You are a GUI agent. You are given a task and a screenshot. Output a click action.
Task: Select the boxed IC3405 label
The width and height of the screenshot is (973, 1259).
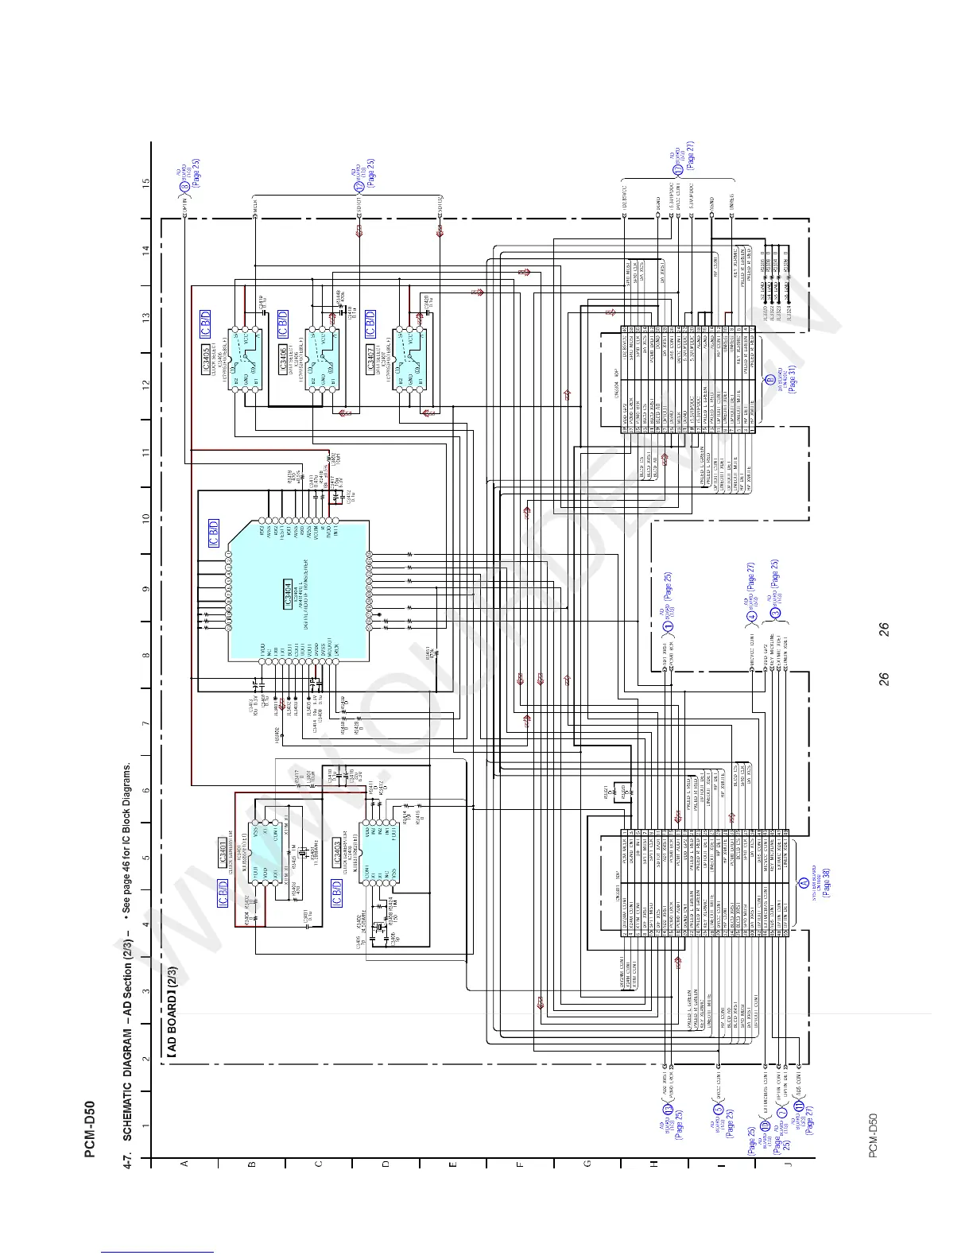pos(207,358)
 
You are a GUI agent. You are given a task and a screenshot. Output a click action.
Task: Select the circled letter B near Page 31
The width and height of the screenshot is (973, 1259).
pos(769,379)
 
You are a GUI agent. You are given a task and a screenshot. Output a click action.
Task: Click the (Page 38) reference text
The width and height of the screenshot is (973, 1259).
pos(826,883)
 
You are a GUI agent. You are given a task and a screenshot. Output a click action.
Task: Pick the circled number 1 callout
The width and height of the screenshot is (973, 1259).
pos(669,624)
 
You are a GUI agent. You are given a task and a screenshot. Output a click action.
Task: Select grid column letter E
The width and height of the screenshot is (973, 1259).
pos(453,1164)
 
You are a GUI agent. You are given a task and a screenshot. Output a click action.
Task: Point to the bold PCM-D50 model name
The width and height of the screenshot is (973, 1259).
pos(91,1129)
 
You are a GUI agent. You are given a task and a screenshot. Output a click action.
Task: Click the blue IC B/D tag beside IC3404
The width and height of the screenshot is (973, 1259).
pos(214,533)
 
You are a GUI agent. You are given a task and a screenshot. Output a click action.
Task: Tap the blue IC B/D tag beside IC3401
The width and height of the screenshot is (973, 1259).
pos(223,893)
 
